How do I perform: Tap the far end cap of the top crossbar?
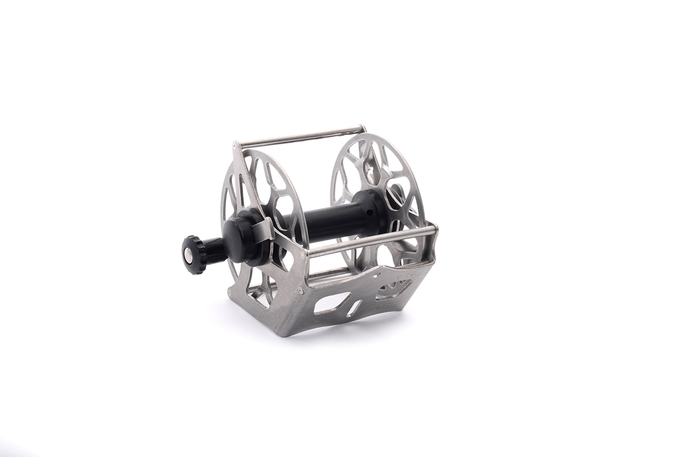pyautogui.click(x=364, y=129)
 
